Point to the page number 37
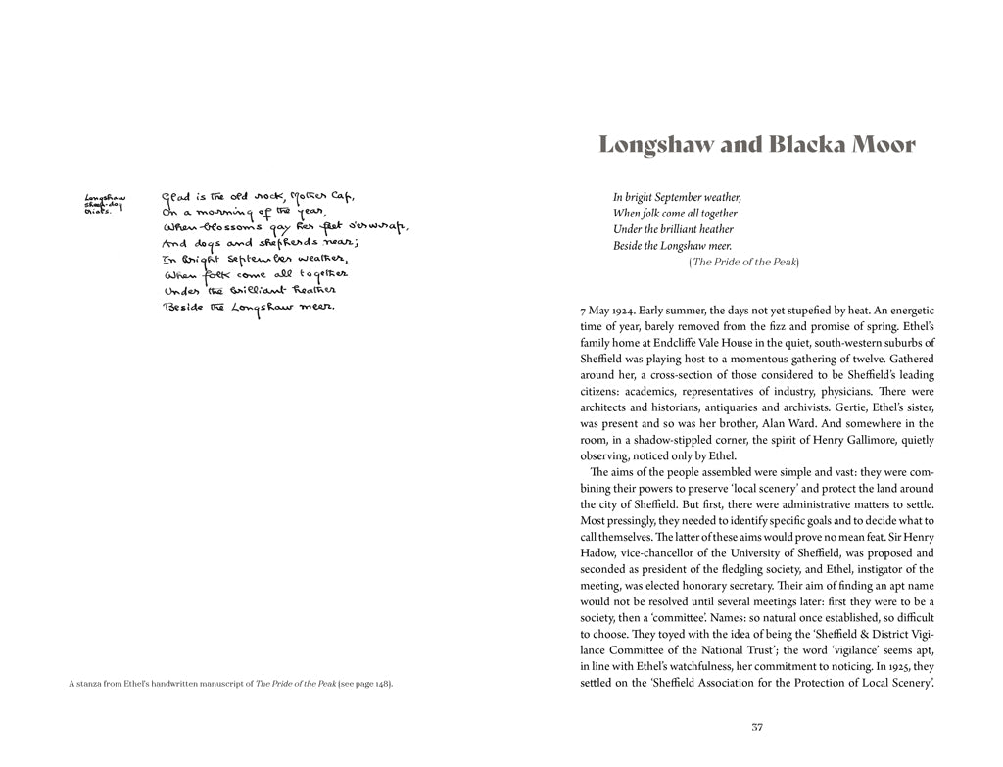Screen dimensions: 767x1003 756,727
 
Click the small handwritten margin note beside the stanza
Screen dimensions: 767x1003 105,203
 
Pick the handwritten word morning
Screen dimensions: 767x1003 220,212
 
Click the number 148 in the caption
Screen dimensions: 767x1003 375,683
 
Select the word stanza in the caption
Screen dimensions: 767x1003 95,683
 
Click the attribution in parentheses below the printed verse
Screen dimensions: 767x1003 744,262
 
